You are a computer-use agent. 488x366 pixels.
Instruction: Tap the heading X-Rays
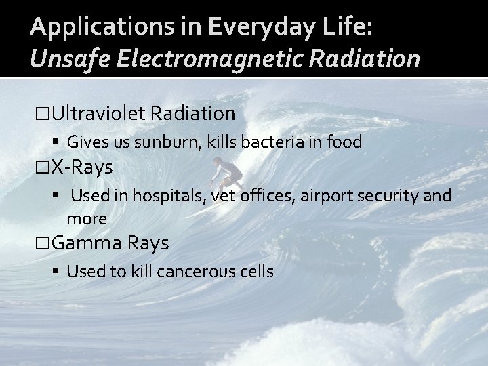pos(81,167)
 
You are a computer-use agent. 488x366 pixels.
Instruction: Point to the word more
pos(87,218)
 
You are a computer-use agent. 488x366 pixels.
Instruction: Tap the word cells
pos(258,272)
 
